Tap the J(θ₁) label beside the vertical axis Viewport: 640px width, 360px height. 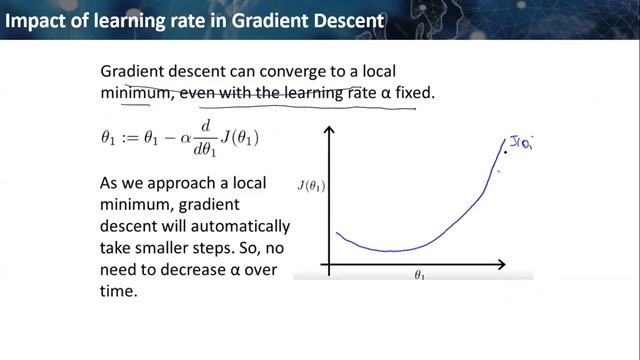click(311, 185)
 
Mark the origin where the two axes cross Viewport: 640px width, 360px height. click(328, 265)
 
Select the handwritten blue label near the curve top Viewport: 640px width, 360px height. click(521, 143)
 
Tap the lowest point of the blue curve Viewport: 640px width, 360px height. click(390, 251)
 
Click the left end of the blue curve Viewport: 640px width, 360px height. click(337, 233)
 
